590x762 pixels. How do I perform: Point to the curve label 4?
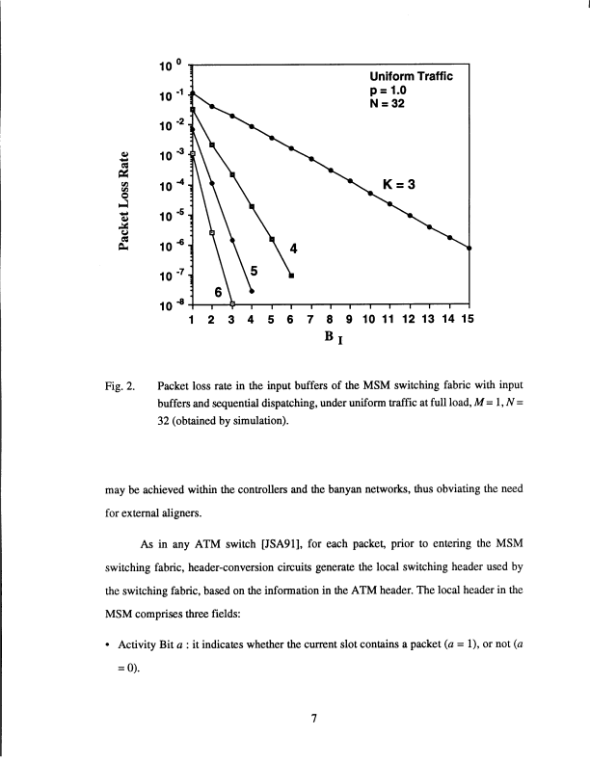pos(293,249)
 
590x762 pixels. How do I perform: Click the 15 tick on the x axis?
pos(469,320)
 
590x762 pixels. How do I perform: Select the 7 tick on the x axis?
pos(310,320)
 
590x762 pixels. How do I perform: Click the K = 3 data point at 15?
pos(469,249)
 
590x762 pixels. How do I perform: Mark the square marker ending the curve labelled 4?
pos(291,276)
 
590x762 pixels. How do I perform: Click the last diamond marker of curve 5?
pos(252,291)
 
